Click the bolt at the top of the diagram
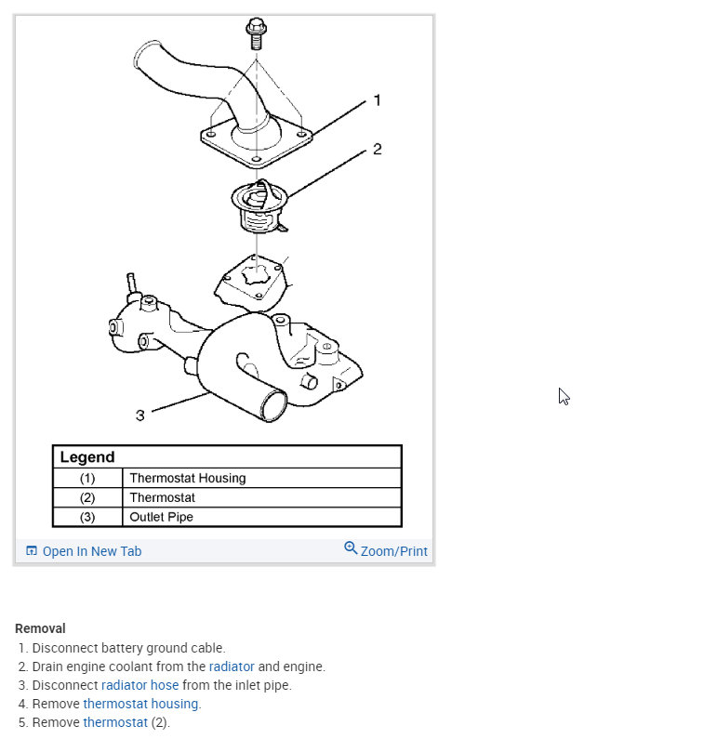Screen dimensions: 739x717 click(257, 33)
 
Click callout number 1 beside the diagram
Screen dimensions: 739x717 click(377, 99)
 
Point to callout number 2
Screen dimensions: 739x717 click(377, 149)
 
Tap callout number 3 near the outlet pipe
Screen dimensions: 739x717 click(140, 415)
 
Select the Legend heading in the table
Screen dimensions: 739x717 click(87, 457)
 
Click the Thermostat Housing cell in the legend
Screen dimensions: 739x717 click(188, 478)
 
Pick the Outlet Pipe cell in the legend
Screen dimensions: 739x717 click(161, 517)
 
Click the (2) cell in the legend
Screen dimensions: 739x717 click(87, 497)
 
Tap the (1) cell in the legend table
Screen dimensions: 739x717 click(87, 478)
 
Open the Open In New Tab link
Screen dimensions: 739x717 click(91, 551)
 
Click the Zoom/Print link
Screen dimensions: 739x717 click(393, 551)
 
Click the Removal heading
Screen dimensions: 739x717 click(40, 629)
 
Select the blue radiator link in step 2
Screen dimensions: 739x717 click(232, 666)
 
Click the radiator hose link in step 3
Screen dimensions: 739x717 click(139, 685)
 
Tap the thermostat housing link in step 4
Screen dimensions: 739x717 click(140, 704)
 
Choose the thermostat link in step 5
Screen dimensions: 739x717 click(115, 722)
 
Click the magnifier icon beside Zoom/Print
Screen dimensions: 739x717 click(351, 548)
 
